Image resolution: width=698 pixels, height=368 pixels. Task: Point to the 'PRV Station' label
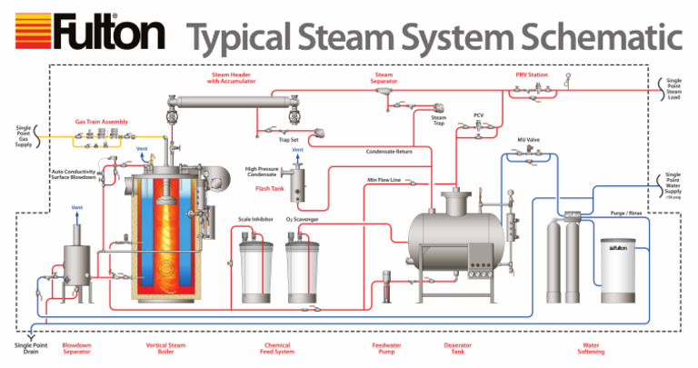[532, 75]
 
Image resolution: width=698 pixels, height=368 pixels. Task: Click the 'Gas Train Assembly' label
[101, 121]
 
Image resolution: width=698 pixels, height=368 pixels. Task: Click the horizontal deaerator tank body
[454, 238]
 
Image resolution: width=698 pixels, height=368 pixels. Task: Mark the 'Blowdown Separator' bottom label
[76, 350]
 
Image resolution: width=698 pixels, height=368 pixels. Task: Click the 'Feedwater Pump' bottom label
[387, 350]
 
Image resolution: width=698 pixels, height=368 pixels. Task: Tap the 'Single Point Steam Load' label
[673, 86]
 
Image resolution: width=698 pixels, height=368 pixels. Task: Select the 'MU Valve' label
[529, 140]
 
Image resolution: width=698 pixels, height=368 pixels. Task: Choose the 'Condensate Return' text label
[389, 152]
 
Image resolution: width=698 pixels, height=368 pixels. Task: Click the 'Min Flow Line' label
[384, 181]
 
